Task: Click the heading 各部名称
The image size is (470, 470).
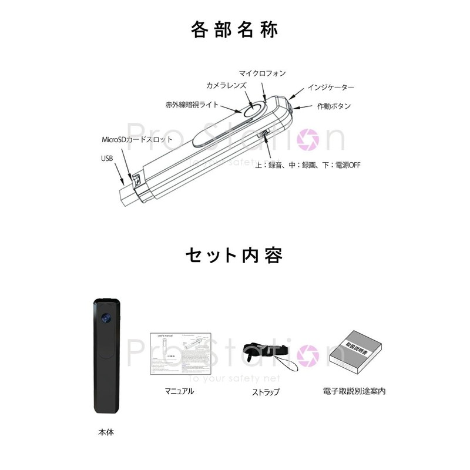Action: click(235, 29)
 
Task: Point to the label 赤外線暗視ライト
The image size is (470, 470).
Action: click(192, 105)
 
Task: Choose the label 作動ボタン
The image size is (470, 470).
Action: click(334, 106)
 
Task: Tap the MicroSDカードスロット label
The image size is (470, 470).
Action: click(137, 140)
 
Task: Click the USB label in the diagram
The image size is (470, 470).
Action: click(106, 158)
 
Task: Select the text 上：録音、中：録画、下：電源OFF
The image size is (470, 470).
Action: click(307, 165)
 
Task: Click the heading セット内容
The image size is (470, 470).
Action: click(234, 257)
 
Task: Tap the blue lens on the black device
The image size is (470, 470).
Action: click(106, 318)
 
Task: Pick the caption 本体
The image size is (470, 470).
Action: click(106, 432)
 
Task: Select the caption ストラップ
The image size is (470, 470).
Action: click(266, 392)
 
